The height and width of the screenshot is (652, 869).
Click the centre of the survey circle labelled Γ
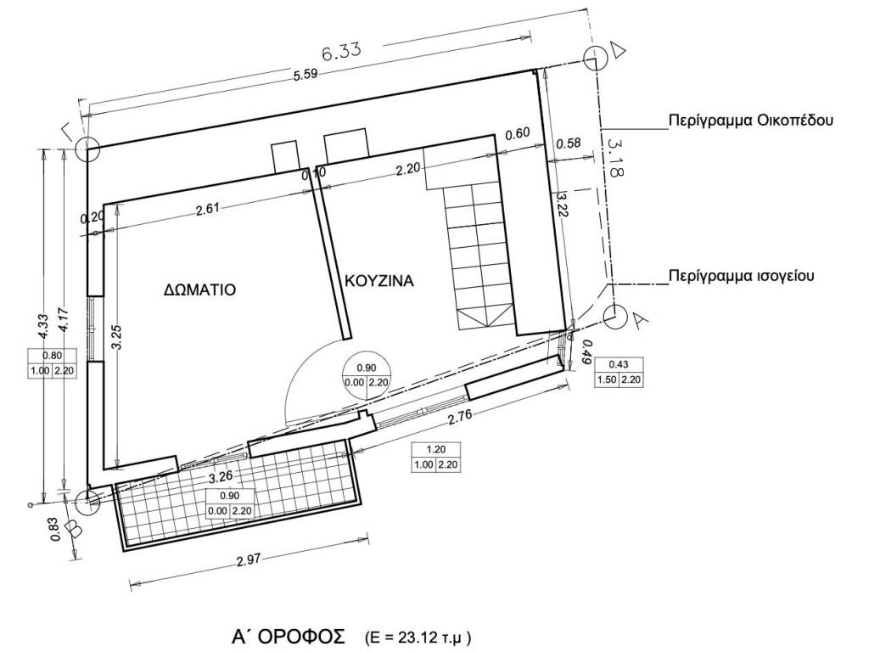pyautogui.click(x=87, y=149)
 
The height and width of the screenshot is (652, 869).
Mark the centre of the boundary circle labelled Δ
pyautogui.click(x=596, y=59)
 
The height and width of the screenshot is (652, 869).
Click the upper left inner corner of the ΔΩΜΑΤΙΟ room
pyautogui.click(x=104, y=204)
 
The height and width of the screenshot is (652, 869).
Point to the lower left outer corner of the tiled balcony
pyautogui.click(x=124, y=551)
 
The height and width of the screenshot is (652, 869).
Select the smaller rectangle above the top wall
pyautogui.click(x=284, y=157)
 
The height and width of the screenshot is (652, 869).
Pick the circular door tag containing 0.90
pyautogui.click(x=367, y=376)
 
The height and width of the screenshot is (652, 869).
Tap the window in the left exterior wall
pyautogui.click(x=94, y=329)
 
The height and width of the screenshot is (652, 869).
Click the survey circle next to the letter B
pyautogui.click(x=87, y=503)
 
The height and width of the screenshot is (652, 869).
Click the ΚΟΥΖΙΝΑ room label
pyautogui.click(x=379, y=280)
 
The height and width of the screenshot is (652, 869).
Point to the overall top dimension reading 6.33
pyautogui.click(x=341, y=51)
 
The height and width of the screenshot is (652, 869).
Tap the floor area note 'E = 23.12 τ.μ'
pyautogui.click(x=418, y=637)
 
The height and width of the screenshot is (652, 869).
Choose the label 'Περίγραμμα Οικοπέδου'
pyautogui.click(x=751, y=121)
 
